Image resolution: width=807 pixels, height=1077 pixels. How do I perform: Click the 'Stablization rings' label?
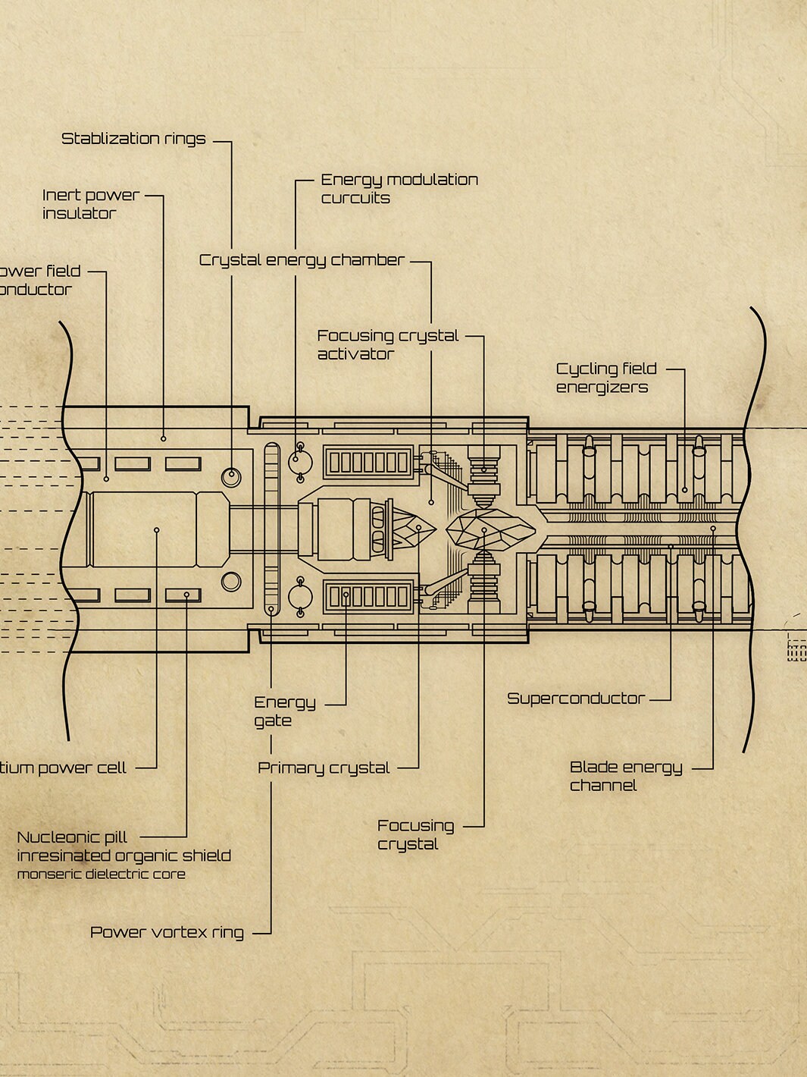pyautogui.click(x=133, y=139)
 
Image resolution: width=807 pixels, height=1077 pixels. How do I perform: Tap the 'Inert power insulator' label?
pyautogui.click(x=91, y=204)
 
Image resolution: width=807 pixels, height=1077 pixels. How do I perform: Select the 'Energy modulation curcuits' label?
pyautogui.click(x=399, y=189)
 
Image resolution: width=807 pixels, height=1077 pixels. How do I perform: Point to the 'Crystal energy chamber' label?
pyautogui.click(x=302, y=260)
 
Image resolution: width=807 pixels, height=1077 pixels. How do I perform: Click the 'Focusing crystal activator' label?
pyautogui.click(x=387, y=344)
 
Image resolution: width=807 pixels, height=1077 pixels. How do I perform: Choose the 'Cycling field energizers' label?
pyautogui.click(x=605, y=378)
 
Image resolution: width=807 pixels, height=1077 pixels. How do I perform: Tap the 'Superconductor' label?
pyautogui.click(x=575, y=699)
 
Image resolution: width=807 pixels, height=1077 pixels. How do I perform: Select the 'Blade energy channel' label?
pyautogui.click(x=625, y=776)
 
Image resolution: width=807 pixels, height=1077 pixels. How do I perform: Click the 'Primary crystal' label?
pyautogui.click(x=324, y=768)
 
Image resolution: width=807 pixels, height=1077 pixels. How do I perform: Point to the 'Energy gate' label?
pyautogui.click(x=284, y=711)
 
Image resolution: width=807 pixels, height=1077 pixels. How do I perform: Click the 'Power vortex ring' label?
pyautogui.click(x=167, y=932)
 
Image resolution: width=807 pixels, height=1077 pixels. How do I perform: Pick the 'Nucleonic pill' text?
pyautogui.click(x=72, y=837)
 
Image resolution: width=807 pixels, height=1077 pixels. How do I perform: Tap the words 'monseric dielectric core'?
pyautogui.click(x=101, y=874)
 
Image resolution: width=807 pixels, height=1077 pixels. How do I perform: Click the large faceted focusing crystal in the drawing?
pyautogui.click(x=489, y=528)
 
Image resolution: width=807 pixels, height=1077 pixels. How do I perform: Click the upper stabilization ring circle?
pyautogui.click(x=231, y=477)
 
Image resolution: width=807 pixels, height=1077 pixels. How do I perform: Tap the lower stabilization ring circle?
pyautogui.click(x=231, y=582)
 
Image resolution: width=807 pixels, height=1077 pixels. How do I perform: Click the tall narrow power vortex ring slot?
pyautogui.click(x=271, y=529)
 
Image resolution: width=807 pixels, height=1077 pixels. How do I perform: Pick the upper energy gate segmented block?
pyautogui.click(x=369, y=462)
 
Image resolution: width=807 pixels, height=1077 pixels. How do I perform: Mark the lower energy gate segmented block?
pyautogui.click(x=369, y=597)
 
